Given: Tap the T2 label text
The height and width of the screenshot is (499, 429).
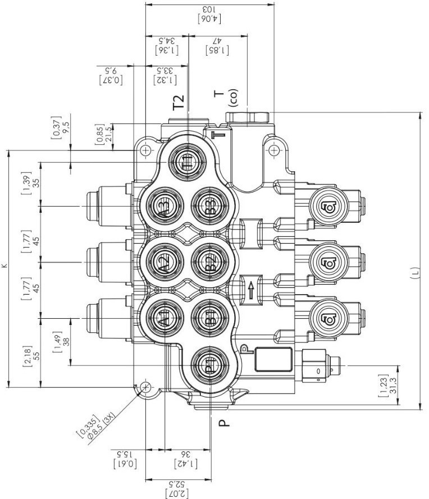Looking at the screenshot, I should tap(178, 102).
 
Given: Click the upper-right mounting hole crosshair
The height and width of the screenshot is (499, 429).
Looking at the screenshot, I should tap(274, 150).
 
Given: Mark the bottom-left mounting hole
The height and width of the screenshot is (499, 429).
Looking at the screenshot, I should tap(145, 387).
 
